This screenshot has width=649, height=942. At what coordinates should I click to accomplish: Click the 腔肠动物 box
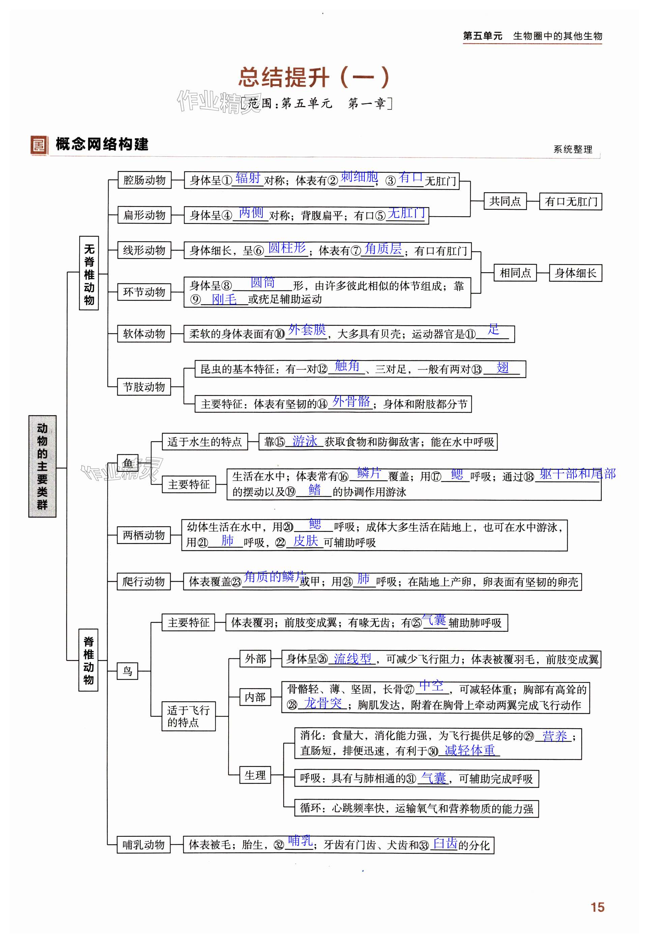(x=144, y=180)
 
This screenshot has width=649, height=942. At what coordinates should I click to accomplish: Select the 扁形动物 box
(x=144, y=215)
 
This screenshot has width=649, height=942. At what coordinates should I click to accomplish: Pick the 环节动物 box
(x=144, y=292)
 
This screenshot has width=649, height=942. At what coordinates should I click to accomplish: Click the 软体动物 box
(x=144, y=334)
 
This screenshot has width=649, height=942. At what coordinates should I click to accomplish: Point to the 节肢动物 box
(x=144, y=387)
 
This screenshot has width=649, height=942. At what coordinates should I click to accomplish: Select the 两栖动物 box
(x=144, y=535)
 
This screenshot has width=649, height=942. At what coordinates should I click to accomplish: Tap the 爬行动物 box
(x=144, y=581)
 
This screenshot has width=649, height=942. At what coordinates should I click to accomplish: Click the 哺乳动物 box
(x=144, y=845)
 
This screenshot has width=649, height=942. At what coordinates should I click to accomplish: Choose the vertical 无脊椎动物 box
(x=89, y=273)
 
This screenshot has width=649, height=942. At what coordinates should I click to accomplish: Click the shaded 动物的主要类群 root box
(x=42, y=466)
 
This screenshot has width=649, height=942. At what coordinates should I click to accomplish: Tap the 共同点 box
(x=505, y=201)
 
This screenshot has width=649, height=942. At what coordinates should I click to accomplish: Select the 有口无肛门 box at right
(x=570, y=201)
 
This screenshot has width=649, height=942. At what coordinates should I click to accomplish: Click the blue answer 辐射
(x=248, y=178)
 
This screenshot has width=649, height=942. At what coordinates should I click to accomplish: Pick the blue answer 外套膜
(x=307, y=329)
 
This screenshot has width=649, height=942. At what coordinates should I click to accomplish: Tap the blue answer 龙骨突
(x=323, y=703)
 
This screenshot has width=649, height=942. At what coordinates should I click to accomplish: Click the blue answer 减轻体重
(x=470, y=750)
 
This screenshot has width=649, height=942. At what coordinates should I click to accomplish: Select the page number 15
(x=597, y=907)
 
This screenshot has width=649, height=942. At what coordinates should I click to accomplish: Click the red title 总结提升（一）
(x=314, y=77)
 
